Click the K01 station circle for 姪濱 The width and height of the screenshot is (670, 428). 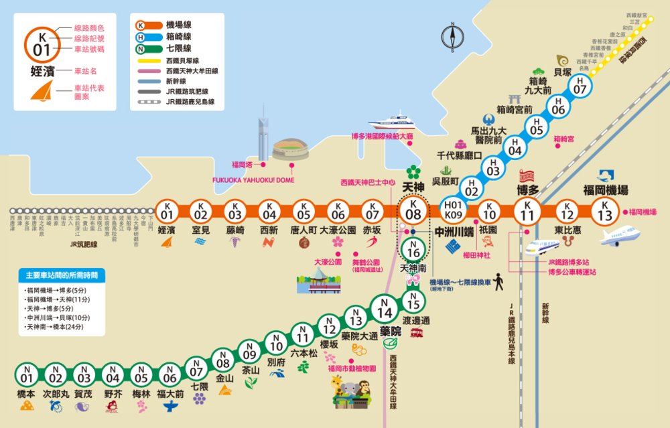coord(167,212)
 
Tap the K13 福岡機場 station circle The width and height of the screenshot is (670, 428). coord(605,212)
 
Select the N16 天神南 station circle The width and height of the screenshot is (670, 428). coord(413,249)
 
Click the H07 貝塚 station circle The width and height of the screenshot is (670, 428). coord(580,84)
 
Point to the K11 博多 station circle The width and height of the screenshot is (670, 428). coord(528,212)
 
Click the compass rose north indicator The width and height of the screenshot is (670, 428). coord(453,38)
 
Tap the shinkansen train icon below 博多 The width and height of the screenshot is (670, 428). coord(541,248)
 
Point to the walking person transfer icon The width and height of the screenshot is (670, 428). coord(498,283)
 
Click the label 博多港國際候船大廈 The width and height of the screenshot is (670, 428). coord(382,137)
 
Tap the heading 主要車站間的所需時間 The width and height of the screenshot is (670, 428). coord(62,275)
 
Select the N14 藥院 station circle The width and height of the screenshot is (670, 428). coord(385,312)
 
